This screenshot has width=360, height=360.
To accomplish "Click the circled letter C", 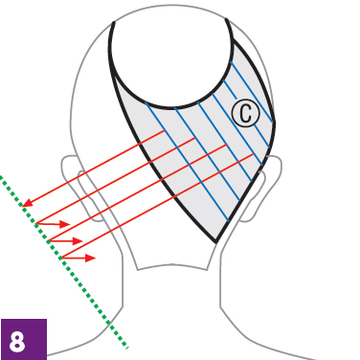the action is click(245, 114).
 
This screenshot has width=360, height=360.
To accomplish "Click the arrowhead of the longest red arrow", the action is click(28, 203).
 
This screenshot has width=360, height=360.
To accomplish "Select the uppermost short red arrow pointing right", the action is click(54, 224).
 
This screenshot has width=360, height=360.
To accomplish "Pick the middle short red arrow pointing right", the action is click(66, 240).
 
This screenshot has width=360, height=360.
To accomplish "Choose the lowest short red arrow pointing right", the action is click(79, 258).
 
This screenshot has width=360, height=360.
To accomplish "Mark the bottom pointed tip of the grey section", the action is click(216, 242).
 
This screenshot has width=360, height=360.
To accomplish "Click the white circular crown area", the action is click(171, 57).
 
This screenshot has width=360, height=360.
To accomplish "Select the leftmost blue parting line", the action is click(187, 161).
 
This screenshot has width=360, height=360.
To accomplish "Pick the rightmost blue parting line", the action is click(252, 92).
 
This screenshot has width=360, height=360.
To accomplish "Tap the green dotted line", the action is click(64, 261).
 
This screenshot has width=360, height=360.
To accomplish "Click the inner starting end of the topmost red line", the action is click(165, 130).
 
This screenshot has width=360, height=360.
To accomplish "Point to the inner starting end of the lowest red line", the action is click(254, 154).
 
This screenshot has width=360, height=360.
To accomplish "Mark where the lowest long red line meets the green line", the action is click(62, 257).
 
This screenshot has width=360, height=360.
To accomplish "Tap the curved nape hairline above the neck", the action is click(172, 266).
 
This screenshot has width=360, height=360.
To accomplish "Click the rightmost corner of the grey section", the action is click(275, 123).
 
